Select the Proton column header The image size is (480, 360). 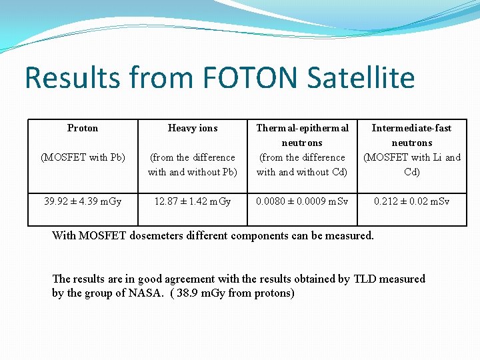(83, 128)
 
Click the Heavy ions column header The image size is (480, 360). (193, 128)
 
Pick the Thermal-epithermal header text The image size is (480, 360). (302, 128)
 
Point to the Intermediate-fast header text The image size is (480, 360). (411, 128)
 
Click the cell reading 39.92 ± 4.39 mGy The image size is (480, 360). (83, 201)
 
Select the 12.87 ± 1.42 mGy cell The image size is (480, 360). (193, 201)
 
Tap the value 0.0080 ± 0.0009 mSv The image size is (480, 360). (302, 201)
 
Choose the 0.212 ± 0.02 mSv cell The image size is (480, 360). (411, 201)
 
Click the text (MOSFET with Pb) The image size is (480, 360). (83, 157)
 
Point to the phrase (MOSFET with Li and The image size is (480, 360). (411, 157)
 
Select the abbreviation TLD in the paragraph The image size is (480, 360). (365, 279)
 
